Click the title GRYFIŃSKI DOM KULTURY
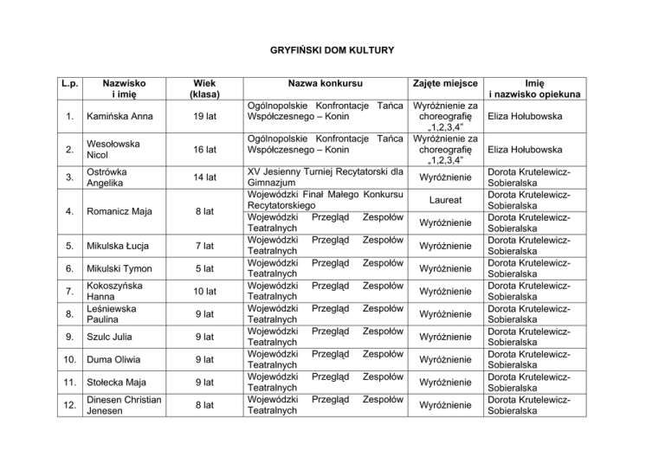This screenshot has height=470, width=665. click(x=332, y=50)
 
